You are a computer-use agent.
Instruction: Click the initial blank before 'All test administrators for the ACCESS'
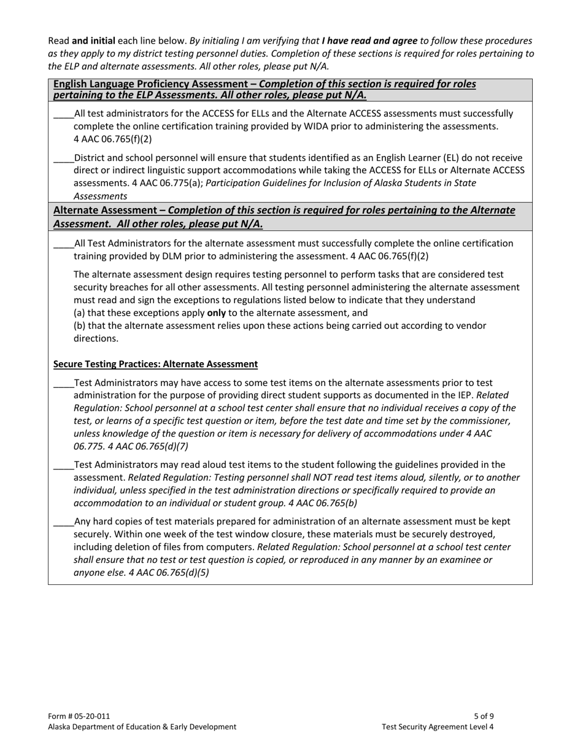click(x=63, y=115)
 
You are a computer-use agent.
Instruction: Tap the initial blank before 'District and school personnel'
click(x=63, y=159)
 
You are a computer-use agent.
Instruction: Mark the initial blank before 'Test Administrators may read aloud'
click(x=63, y=466)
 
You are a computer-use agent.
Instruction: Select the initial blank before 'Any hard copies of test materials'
click(x=63, y=522)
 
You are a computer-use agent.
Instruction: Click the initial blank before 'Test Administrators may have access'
click(x=63, y=384)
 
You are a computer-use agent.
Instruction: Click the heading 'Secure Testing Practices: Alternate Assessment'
click(x=155, y=364)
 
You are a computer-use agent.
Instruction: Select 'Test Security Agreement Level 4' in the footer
click(x=438, y=727)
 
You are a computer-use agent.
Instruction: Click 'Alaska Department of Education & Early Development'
click(x=142, y=727)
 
